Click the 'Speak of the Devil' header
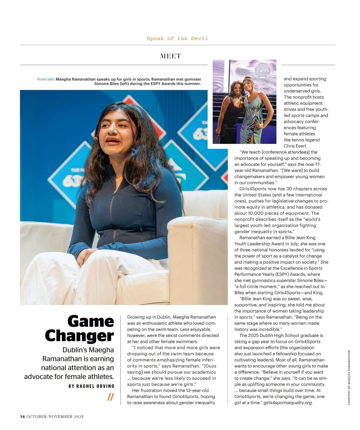(x=177, y=38)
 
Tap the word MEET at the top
(x=170, y=56)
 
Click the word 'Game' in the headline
(x=91, y=321)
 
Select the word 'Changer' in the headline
(x=79, y=336)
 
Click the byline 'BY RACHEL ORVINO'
(x=91, y=386)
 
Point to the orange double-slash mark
(x=110, y=397)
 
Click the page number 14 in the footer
(x=22, y=416)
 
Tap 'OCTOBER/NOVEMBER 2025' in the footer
(x=55, y=416)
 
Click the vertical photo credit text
(x=349, y=377)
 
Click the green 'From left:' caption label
(x=46, y=79)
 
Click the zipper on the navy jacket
(x=111, y=210)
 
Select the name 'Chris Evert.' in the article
(x=295, y=146)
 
